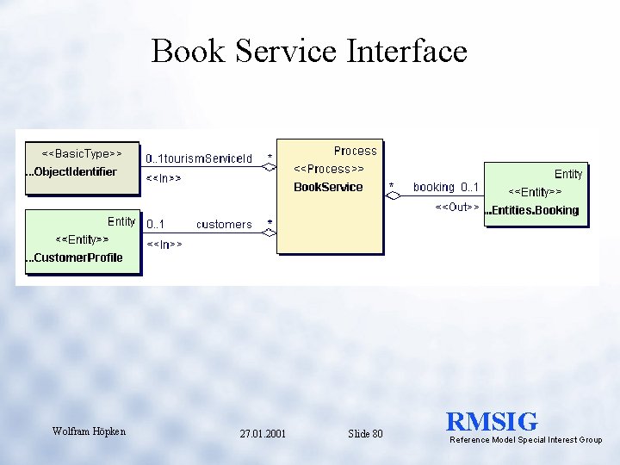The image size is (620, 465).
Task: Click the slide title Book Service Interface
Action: click(x=309, y=52)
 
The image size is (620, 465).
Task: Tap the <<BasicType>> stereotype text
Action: click(x=82, y=153)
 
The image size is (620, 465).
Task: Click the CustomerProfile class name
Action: click(x=78, y=257)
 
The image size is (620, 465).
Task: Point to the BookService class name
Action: click(x=328, y=187)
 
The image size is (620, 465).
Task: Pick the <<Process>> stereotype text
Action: click(x=329, y=169)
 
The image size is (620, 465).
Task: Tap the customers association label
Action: click(x=224, y=225)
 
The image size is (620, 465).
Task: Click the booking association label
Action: click(x=433, y=187)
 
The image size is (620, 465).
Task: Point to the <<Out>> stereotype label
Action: click(x=457, y=208)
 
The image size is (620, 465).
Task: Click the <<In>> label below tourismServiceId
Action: click(x=164, y=178)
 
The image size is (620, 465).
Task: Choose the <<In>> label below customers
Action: click(x=164, y=245)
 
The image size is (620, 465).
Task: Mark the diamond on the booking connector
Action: click(x=394, y=196)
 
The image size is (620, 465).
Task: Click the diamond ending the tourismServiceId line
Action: click(x=270, y=167)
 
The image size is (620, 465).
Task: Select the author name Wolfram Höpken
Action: click(x=89, y=431)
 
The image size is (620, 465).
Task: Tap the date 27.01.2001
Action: click(x=263, y=434)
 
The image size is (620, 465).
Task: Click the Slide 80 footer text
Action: click(x=365, y=434)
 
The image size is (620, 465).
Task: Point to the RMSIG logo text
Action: click(x=492, y=422)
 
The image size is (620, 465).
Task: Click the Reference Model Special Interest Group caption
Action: click(x=526, y=440)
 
